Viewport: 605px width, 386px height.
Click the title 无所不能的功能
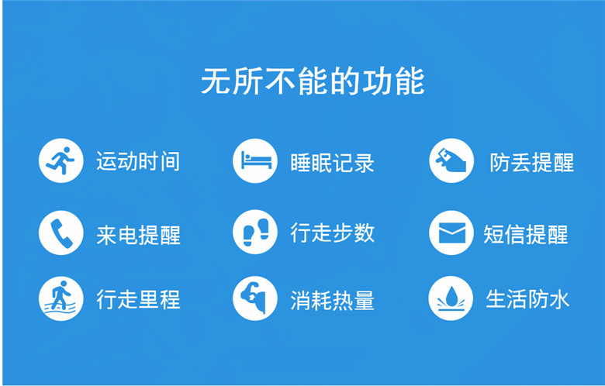point(313,81)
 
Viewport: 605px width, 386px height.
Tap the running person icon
point(61,160)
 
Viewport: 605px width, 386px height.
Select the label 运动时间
point(138,161)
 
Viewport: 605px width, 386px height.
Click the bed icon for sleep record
point(255,160)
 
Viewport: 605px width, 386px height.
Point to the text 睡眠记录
point(332,163)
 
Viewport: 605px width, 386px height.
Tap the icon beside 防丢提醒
point(451,160)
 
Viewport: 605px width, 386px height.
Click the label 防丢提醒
point(532,163)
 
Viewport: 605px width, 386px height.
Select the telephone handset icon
point(61,233)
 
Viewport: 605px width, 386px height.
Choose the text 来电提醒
point(139,235)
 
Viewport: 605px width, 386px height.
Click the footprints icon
point(255,232)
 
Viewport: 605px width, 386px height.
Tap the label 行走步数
point(333,233)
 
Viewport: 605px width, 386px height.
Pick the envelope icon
point(451,233)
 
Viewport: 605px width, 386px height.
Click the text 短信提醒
point(526,234)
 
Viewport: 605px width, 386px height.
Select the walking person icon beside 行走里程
point(61,298)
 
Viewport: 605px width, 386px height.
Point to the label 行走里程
point(139,300)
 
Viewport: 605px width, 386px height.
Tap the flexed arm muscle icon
point(255,298)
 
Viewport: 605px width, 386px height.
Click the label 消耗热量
point(333,301)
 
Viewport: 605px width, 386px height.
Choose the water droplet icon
point(451,298)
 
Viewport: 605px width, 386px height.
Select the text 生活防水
point(527,299)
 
